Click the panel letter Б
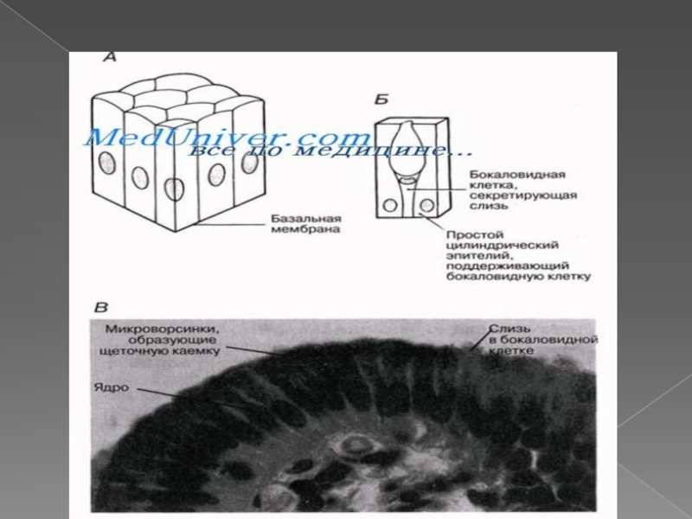(381, 96)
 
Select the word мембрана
(289, 231)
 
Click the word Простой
(470, 234)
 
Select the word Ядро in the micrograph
(113, 388)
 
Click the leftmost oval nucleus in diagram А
(108, 163)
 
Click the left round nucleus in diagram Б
(390, 206)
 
